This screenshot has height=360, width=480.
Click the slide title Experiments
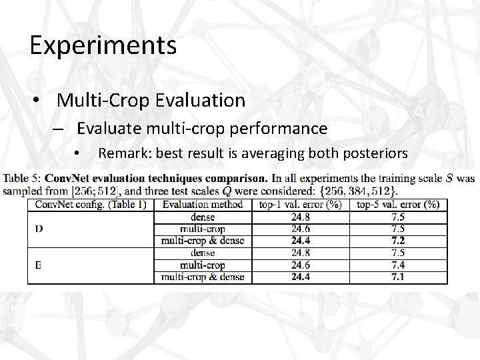coord(103,46)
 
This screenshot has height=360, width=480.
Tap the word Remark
coord(121,153)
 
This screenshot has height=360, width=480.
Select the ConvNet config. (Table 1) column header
coord(90,205)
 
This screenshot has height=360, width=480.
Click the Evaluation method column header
coord(203,205)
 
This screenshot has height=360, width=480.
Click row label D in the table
coord(39,228)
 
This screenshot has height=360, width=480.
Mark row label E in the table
coord(39,265)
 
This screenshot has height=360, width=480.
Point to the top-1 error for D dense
coord(301,216)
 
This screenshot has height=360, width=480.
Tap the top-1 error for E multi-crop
coord(301,265)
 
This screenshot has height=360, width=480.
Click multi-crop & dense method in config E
coord(203,277)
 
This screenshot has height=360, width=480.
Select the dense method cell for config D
coord(203,216)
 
